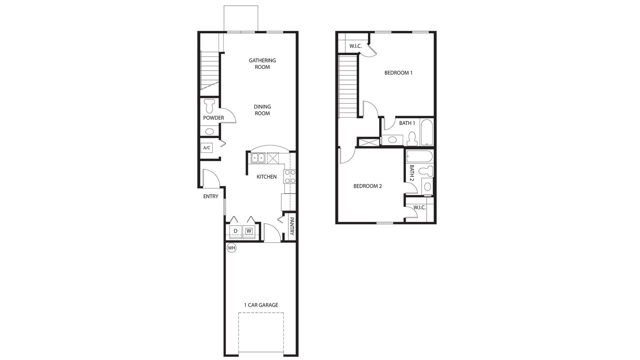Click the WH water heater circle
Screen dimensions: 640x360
point(231,248)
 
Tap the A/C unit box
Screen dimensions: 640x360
point(207,148)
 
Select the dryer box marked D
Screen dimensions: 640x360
point(235,231)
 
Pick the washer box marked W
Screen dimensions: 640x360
point(249,231)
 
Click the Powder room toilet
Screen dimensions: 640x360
point(210,106)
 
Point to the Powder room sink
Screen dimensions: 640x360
point(209,131)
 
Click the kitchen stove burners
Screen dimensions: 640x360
point(290,177)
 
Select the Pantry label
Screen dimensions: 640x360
point(292,226)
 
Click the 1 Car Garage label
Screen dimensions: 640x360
point(261,305)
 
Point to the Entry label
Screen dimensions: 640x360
point(211,196)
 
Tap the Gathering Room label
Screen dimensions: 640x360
point(262,64)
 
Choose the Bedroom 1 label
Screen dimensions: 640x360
point(398,73)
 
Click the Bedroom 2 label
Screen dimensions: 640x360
point(368,186)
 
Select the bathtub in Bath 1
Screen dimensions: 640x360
point(427,132)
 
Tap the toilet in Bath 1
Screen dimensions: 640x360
point(413,139)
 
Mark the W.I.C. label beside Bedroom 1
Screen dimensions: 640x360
point(355,46)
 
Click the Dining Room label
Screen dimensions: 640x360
point(262,110)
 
